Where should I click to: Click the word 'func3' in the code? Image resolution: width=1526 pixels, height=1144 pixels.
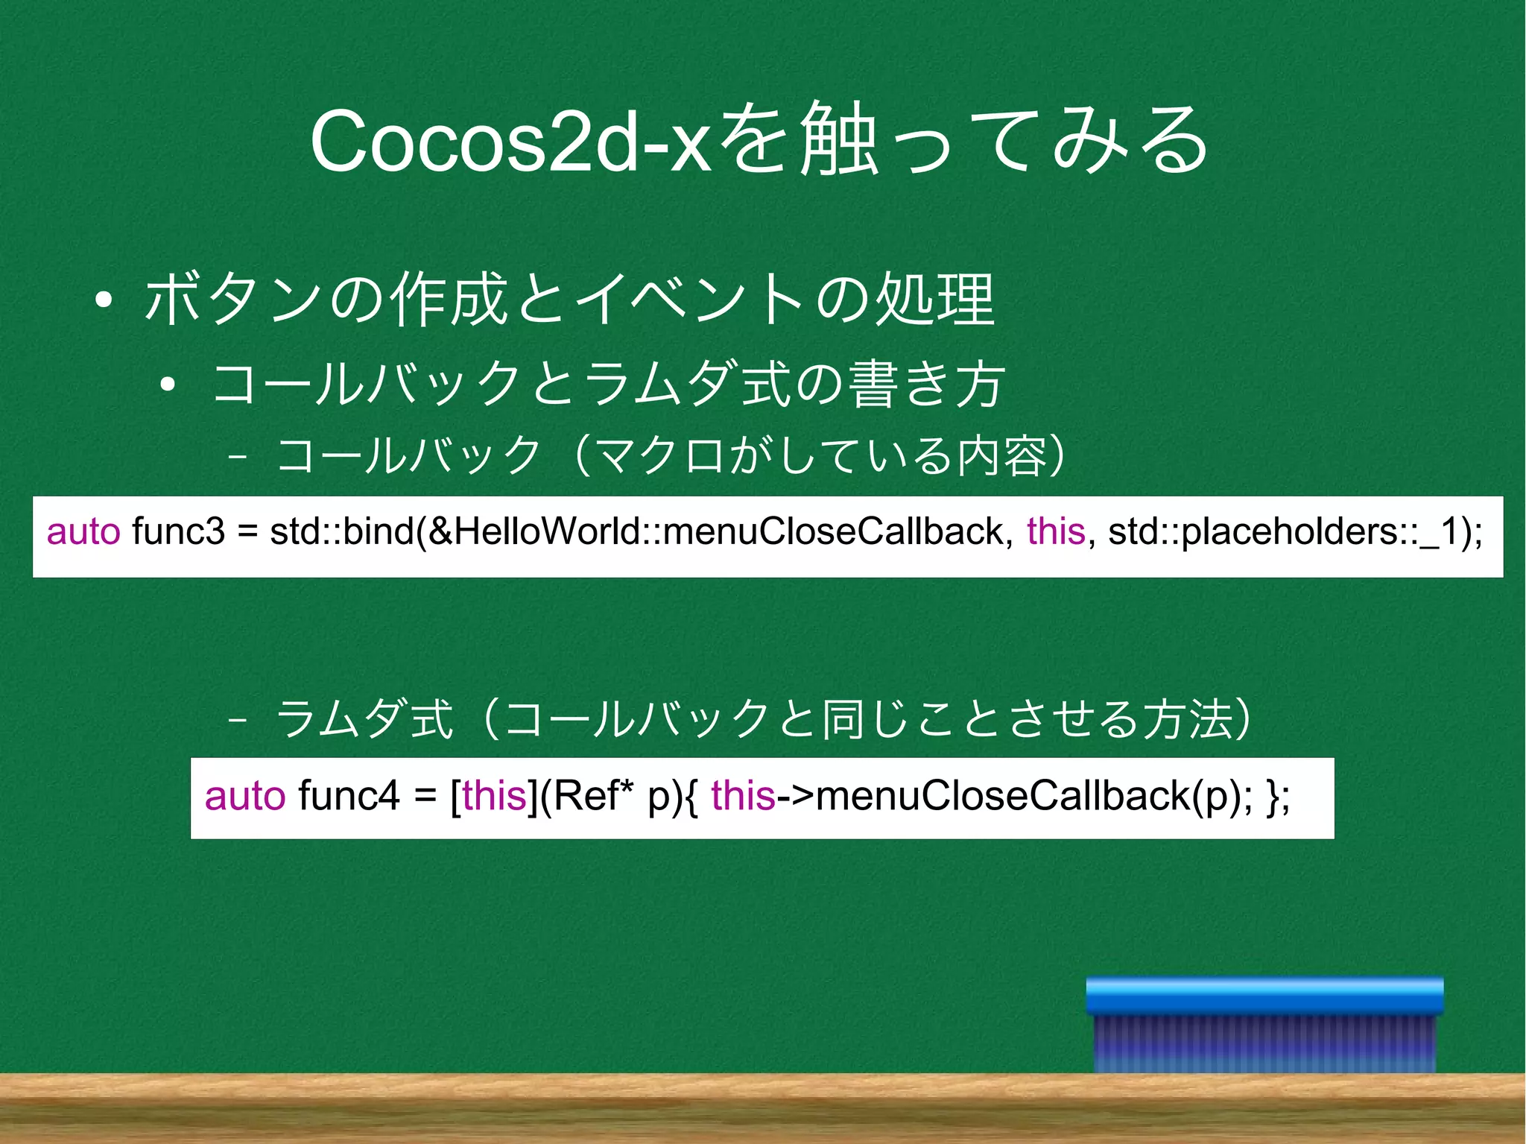click(178, 532)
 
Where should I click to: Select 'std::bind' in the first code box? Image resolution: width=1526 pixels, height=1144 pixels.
click(342, 532)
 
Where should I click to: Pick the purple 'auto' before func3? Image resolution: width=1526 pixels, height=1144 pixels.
click(83, 532)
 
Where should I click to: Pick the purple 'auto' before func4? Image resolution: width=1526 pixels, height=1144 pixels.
click(244, 795)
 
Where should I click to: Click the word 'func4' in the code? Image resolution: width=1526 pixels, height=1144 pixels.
click(349, 795)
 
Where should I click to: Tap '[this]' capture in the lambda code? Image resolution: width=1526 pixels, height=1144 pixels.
click(494, 795)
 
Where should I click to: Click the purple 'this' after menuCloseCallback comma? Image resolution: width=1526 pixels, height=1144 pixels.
click(1056, 532)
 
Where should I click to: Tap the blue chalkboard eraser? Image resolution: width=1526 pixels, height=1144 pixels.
click(1264, 1025)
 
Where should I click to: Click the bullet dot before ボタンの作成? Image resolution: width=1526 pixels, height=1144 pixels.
click(104, 300)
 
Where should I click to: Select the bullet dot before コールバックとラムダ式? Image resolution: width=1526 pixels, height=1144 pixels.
click(168, 385)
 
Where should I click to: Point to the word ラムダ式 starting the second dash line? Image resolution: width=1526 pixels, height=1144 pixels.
click(364, 719)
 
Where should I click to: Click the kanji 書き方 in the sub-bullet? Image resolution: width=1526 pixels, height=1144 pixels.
click(928, 384)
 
